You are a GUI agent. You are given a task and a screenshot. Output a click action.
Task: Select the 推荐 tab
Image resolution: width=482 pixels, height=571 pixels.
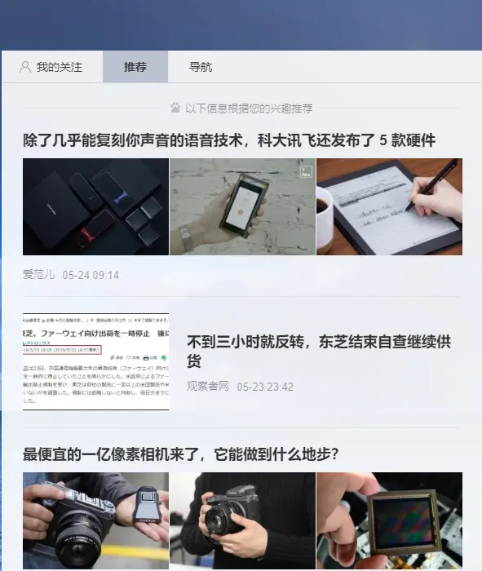coord(135,67)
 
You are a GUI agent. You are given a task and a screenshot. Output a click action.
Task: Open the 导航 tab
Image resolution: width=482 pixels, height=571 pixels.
coord(201,67)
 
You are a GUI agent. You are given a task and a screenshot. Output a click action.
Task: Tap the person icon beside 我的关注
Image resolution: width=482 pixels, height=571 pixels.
coord(25,67)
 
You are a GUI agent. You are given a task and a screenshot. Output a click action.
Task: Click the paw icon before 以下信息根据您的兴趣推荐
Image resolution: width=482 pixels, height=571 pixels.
coord(175,108)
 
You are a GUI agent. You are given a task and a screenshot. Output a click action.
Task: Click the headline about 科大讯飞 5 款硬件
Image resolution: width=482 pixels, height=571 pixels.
coord(229,140)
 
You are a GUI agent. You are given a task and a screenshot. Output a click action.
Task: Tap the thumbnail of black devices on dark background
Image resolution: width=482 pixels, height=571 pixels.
coord(95,206)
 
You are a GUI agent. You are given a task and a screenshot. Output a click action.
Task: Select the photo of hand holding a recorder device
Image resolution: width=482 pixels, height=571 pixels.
coord(242,206)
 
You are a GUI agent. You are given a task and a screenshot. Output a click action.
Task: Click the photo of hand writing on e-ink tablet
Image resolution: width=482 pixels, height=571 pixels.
coord(390,206)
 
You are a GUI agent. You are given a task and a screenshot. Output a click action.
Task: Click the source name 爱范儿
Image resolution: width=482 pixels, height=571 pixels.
coord(38,275)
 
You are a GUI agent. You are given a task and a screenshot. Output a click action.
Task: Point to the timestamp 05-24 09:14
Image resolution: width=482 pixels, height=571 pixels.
coord(91,275)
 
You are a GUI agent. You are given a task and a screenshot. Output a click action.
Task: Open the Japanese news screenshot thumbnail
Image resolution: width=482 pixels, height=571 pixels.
coord(95,361)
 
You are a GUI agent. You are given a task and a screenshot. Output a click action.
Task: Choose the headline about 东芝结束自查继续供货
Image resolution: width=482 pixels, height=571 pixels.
coord(318,351)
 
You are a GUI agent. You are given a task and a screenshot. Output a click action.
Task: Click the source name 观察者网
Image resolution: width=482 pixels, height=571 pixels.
coord(208,386)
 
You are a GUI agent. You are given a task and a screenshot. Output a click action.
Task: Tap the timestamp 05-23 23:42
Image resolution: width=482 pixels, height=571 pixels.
coord(265,386)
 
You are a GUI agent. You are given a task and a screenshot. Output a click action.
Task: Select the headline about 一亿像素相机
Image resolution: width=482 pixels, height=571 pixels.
coord(180,454)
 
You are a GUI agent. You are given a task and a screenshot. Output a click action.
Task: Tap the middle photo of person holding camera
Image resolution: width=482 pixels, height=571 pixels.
coord(242,522)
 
